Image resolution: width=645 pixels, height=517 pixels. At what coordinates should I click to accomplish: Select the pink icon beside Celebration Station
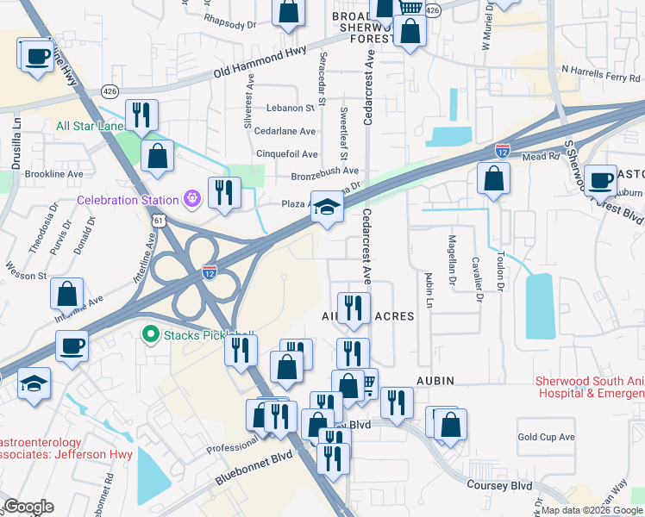click(191, 201)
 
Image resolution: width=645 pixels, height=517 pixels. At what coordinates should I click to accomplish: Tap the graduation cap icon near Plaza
click(327, 208)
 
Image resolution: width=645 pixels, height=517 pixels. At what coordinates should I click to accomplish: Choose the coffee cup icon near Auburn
click(600, 182)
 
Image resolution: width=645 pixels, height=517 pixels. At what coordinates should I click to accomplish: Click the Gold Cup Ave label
click(546, 437)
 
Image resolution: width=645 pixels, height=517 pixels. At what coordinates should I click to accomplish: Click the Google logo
click(28, 507)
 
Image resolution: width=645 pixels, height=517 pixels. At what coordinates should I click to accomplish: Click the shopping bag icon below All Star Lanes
click(157, 158)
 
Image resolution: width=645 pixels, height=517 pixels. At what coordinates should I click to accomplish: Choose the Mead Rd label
click(539, 158)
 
